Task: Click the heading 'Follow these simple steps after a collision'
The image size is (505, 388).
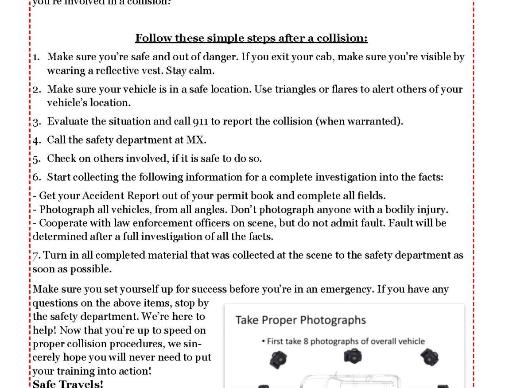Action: click(251, 38)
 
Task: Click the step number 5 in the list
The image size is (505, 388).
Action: click(37, 159)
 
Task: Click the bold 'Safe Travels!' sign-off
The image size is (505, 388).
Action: click(68, 384)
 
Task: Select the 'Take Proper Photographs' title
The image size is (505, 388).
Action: click(300, 320)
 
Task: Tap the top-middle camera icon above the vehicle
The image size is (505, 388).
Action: click(353, 356)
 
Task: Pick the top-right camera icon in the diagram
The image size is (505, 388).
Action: click(429, 357)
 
